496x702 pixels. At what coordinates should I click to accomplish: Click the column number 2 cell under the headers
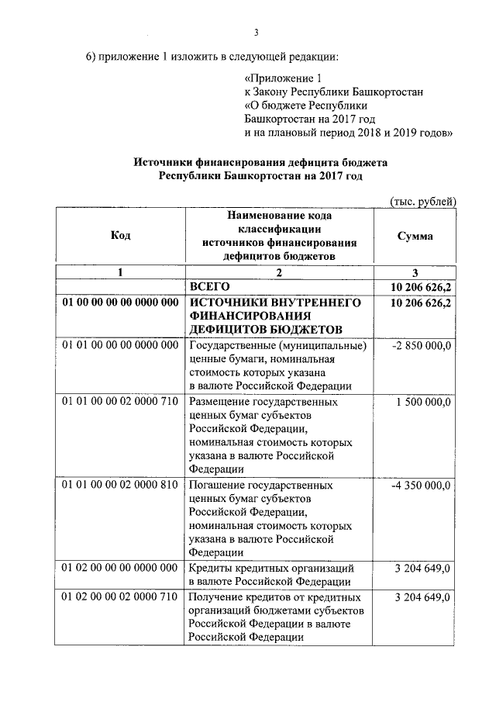point(279,272)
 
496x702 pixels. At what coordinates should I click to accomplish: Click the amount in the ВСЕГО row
point(422,287)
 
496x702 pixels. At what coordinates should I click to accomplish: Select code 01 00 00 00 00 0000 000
point(120,303)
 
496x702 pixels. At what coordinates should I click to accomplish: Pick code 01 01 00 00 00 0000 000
point(120,345)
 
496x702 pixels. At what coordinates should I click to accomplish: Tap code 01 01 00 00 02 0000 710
point(120,403)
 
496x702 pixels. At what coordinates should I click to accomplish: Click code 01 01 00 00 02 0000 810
point(120,486)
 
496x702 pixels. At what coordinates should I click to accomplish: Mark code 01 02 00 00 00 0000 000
point(120,569)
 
